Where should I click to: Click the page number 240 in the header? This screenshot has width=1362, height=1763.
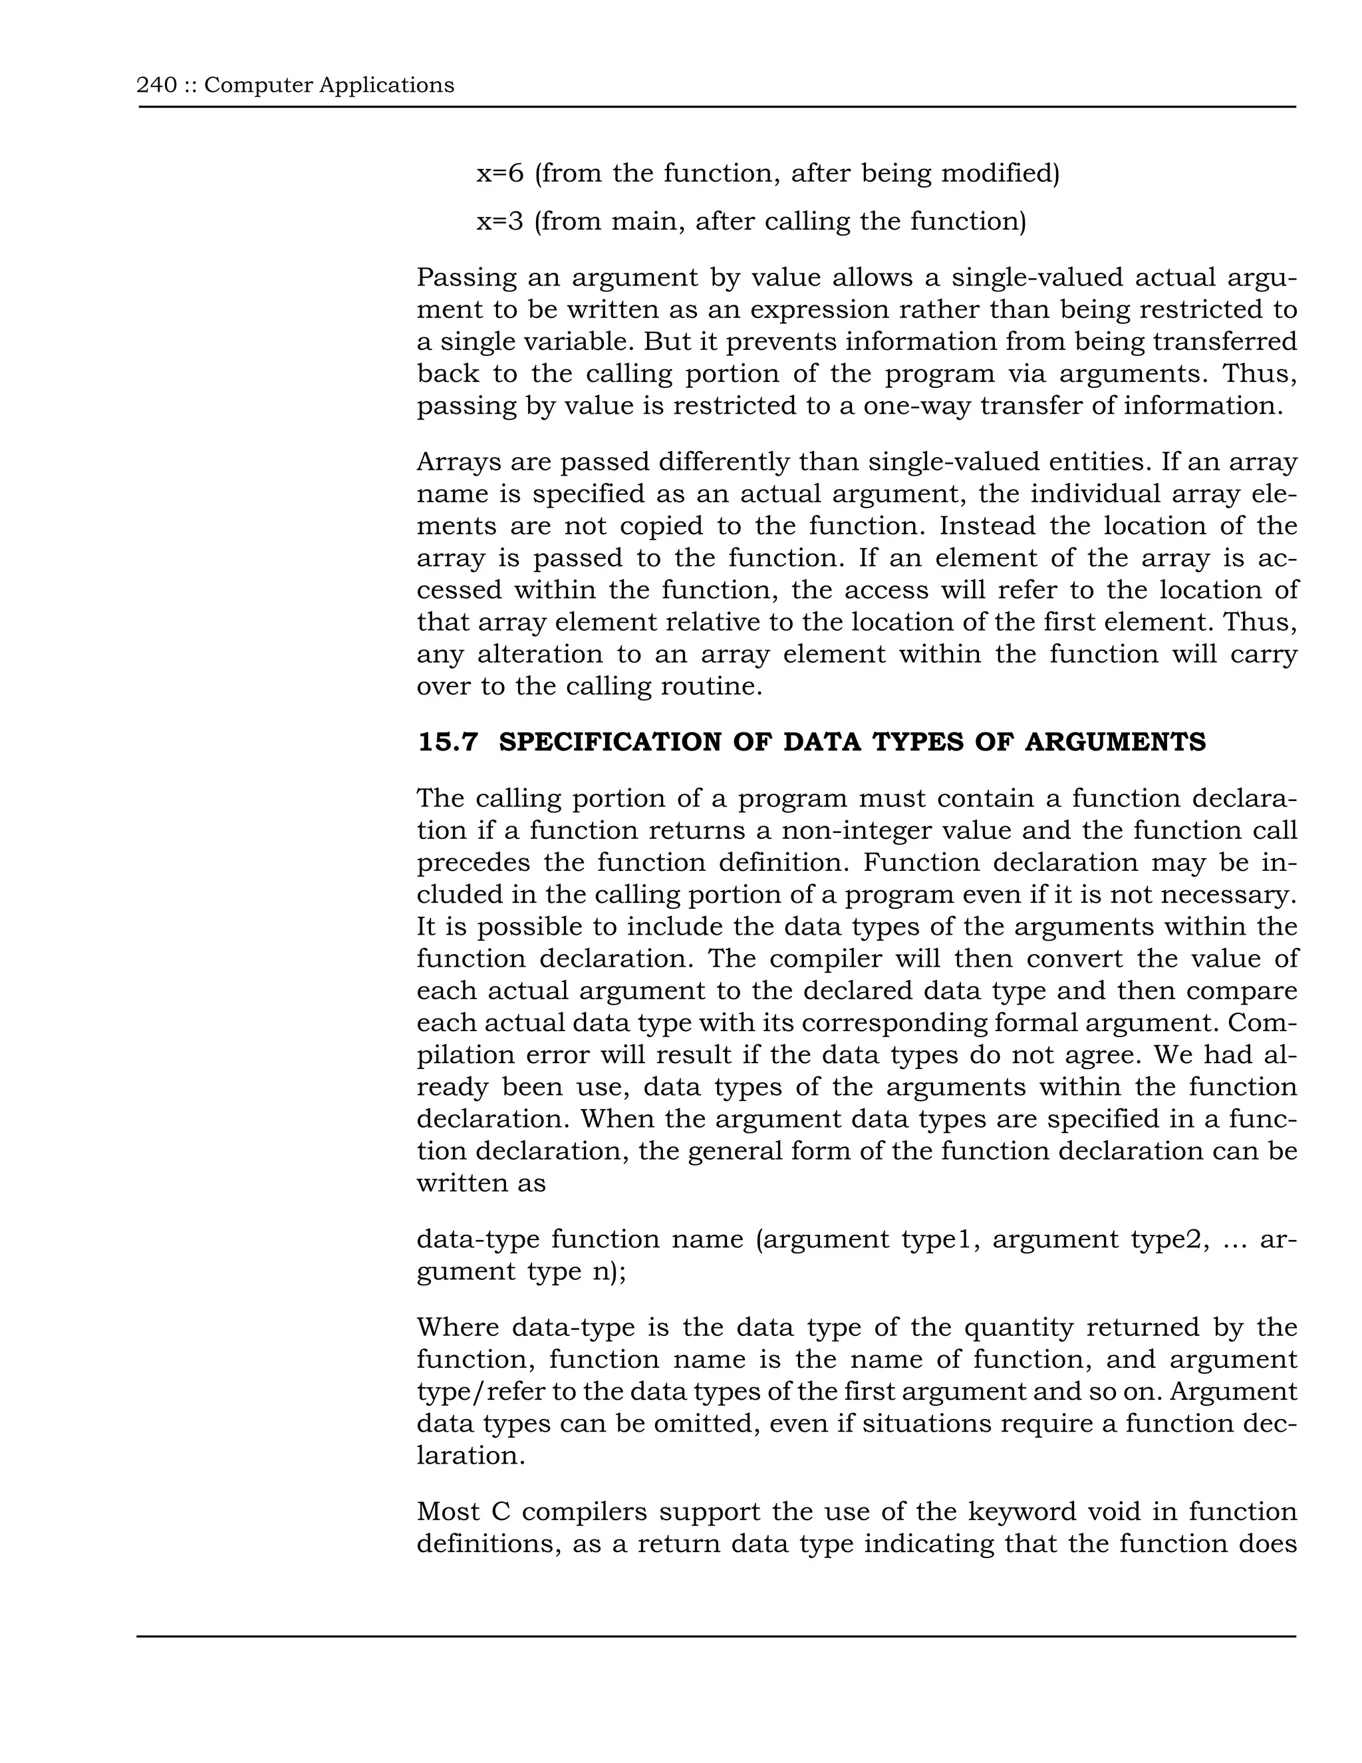tap(156, 84)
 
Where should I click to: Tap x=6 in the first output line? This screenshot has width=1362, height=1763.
tap(499, 173)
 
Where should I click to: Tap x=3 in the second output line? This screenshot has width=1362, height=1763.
tap(499, 220)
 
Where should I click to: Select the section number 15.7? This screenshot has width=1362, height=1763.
tap(448, 742)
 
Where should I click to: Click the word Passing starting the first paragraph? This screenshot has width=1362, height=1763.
tap(464, 277)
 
